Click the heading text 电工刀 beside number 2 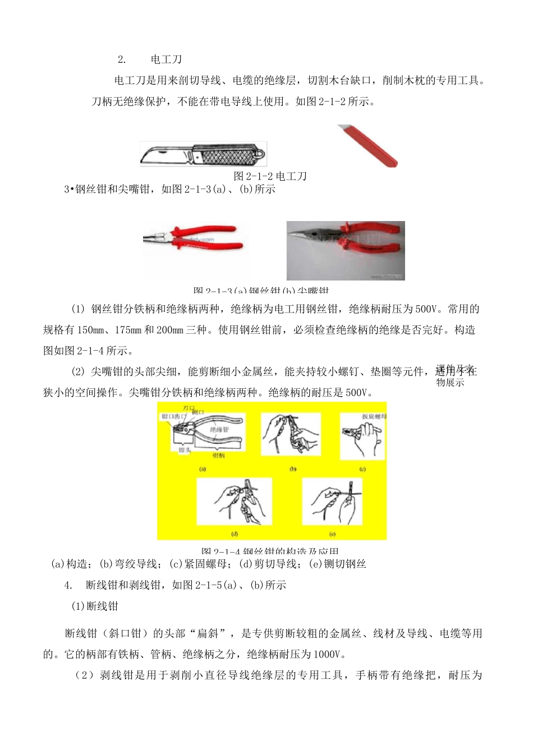coord(166,59)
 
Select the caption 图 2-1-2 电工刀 coord(270,176)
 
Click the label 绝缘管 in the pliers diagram coord(219,430)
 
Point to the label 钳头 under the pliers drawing coord(185,450)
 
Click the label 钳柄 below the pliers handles coord(218,456)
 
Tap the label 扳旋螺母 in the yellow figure coord(374,417)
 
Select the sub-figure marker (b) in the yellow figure coord(292,469)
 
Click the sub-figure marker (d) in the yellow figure coord(235,534)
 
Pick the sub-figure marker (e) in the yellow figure coord(332,534)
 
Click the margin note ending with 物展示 coord(451,383)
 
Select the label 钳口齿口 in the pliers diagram coord(173,417)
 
